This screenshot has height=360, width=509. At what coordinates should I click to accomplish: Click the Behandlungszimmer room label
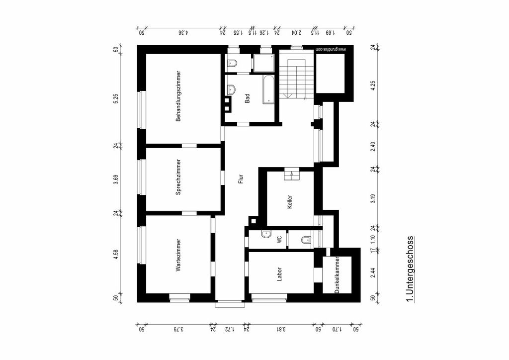tap(178, 96)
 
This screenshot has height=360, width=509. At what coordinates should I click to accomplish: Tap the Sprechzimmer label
tap(178, 177)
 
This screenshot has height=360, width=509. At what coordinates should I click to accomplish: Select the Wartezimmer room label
tap(178, 255)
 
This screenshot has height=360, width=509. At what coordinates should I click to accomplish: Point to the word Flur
tap(241, 179)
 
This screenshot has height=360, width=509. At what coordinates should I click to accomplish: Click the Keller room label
tap(290, 202)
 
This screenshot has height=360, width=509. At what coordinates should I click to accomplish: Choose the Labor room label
tap(279, 274)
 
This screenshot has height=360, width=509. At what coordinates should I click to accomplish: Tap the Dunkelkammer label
tap(337, 275)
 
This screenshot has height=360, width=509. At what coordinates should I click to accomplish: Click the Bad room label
tap(248, 98)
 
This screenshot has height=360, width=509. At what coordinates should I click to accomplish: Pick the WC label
tap(279, 240)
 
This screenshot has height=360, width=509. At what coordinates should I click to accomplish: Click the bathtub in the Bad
tap(268, 90)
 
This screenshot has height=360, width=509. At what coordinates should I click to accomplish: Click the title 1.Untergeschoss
tap(410, 270)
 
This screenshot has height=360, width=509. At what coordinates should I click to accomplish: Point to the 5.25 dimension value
tap(116, 99)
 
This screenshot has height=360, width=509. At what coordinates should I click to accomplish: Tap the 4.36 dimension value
tap(183, 32)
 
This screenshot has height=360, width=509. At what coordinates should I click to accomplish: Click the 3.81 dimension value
tap(281, 329)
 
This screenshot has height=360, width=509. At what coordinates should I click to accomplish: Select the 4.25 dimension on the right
tap(373, 86)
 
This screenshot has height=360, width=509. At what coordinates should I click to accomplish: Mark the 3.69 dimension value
tap(116, 180)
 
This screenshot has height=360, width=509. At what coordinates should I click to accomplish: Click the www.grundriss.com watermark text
tap(331, 49)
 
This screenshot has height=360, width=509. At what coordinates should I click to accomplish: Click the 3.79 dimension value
tap(178, 329)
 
